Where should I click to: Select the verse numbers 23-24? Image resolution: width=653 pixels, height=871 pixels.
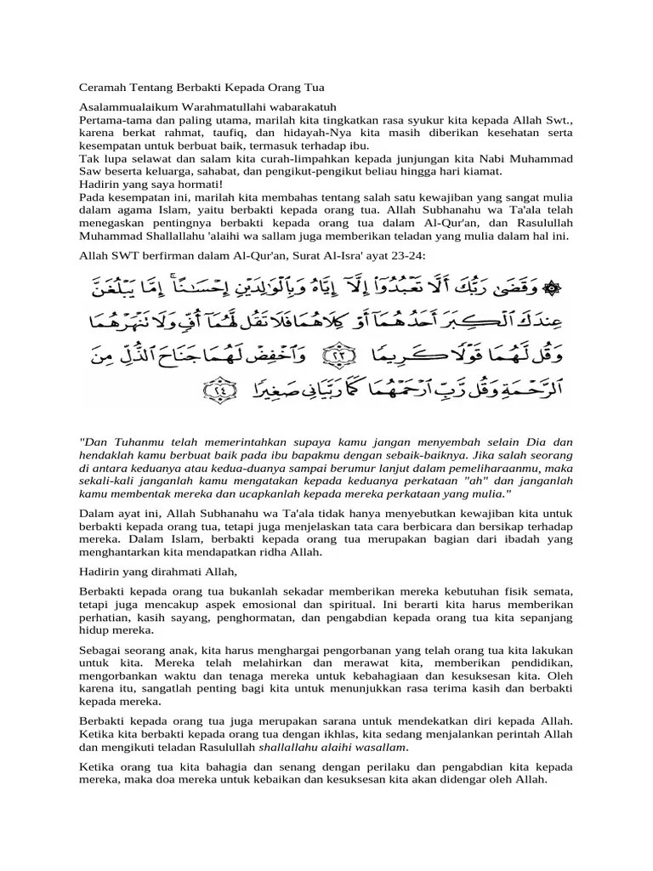[x=406, y=254]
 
